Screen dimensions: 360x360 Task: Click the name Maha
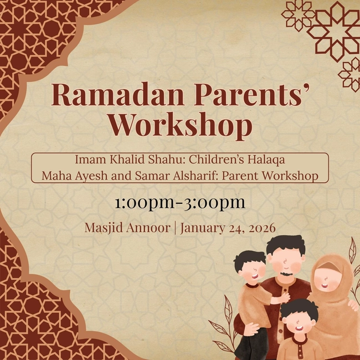pos(55,176)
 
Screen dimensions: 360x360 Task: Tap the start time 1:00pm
pos(144,203)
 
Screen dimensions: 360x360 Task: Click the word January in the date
pos(203,228)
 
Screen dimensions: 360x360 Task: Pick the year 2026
pos(261,228)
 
